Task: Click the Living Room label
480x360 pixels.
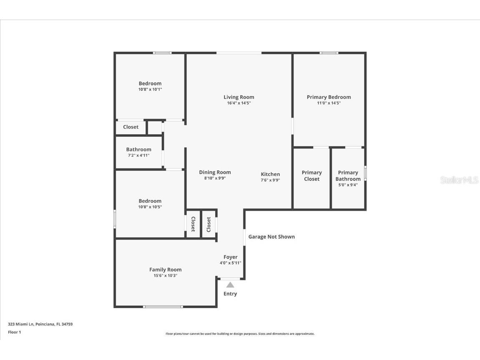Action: [239, 97]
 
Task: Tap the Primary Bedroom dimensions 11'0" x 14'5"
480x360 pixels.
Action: [329, 103]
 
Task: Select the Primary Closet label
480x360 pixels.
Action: [312, 176]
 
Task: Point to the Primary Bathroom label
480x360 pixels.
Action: [348, 176]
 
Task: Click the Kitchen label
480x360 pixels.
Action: [270, 174]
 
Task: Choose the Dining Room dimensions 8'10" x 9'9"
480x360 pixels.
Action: [215, 179]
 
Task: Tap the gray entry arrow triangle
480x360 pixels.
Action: [230, 285]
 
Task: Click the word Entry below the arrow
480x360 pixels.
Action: [230, 294]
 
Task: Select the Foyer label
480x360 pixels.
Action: [230, 257]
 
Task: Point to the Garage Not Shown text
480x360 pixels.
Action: [271, 237]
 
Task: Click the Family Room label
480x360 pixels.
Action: [166, 269]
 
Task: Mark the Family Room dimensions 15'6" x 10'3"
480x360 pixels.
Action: [166, 276]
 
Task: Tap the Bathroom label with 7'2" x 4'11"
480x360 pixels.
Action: [139, 149]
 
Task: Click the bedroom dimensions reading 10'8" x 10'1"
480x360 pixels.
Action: [150, 89]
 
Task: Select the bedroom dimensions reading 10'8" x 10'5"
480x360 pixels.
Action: [150, 207]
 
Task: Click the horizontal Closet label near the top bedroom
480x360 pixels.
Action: [131, 127]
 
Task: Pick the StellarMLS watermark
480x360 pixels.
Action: [459, 180]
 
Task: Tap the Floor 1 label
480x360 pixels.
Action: [15, 332]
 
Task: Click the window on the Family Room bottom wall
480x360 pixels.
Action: [163, 307]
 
